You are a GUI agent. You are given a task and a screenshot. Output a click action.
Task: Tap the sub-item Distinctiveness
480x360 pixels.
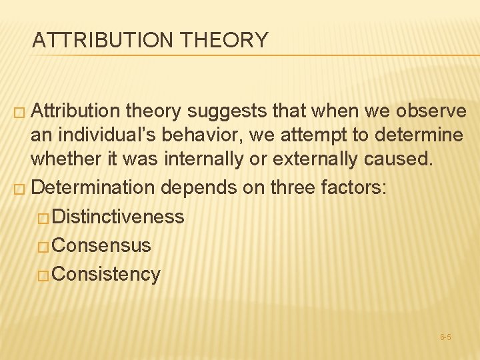[x=118, y=217]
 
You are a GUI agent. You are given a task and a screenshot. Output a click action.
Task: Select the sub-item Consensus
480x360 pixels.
[x=101, y=245]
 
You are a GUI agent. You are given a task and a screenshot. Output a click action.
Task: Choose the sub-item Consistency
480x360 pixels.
[x=106, y=274]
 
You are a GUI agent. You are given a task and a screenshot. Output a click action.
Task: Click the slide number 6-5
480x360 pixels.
[x=446, y=337]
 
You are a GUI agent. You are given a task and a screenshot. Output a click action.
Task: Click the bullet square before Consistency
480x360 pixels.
[x=45, y=275]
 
